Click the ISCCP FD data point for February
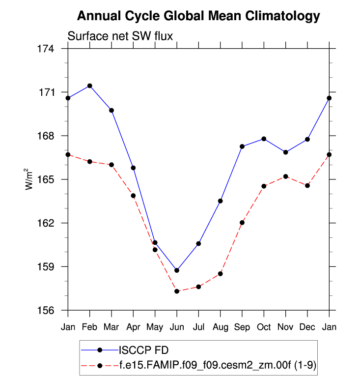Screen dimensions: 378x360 89,86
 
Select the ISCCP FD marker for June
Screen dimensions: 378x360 177,270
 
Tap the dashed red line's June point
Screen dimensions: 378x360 177,291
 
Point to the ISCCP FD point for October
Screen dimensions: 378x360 264,139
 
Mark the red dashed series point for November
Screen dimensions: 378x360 286,176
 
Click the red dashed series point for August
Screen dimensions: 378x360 221,274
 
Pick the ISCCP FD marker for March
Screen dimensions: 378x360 111,110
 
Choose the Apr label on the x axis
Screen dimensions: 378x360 133,326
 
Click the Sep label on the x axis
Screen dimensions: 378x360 242,326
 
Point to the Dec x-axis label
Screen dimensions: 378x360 307,326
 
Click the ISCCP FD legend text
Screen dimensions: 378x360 144,350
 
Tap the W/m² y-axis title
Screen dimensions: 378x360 30,179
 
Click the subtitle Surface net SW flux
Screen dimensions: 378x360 120,36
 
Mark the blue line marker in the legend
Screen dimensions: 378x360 100,350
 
